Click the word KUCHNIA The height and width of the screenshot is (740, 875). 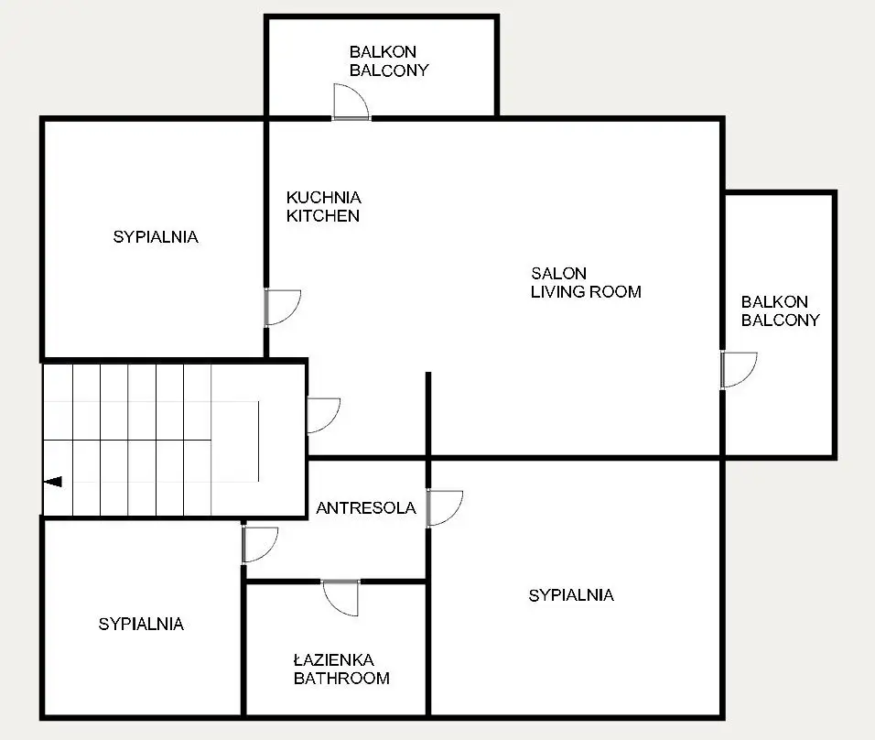click(324, 197)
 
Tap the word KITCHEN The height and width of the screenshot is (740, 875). click(323, 215)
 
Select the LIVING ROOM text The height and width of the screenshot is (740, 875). click(586, 291)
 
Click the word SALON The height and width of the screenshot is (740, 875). click(558, 273)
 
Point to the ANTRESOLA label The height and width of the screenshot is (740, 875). click(366, 507)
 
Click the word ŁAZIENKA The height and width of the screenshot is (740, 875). click(334, 659)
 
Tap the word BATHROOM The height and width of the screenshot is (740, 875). click(341, 678)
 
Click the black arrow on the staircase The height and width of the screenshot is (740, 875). click(53, 482)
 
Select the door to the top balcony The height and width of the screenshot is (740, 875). click(351, 102)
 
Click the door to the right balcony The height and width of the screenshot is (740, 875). click(739, 369)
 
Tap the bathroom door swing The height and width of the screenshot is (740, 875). click(341, 597)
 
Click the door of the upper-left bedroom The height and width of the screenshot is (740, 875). click(283, 307)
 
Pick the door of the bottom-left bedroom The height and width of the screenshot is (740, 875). click(260, 545)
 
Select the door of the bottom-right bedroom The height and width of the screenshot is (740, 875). click(445, 507)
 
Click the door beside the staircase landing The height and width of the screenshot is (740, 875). click(324, 416)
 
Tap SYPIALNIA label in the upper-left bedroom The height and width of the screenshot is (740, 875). click(156, 237)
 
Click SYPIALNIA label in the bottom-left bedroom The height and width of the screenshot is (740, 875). click(141, 624)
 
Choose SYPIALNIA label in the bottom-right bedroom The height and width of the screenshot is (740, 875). click(571, 594)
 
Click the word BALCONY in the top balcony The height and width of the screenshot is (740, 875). click(389, 71)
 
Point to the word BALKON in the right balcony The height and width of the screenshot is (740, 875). click(774, 301)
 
